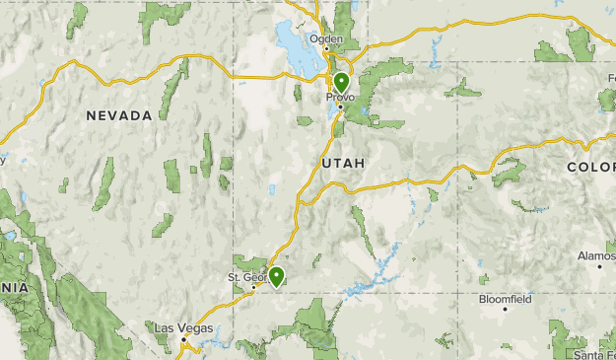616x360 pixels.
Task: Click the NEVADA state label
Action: point(118,115)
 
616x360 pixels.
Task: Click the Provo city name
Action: point(341,97)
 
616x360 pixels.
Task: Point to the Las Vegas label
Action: point(182,326)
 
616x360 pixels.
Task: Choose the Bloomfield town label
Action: point(504,297)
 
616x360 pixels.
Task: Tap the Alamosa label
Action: point(596,255)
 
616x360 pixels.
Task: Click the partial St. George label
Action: point(248,277)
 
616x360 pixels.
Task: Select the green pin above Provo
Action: point(341,83)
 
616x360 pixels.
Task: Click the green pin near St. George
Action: point(277,276)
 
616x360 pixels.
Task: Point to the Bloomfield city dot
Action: point(505,309)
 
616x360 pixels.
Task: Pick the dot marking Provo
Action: point(341,107)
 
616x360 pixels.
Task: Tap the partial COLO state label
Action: point(590,169)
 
